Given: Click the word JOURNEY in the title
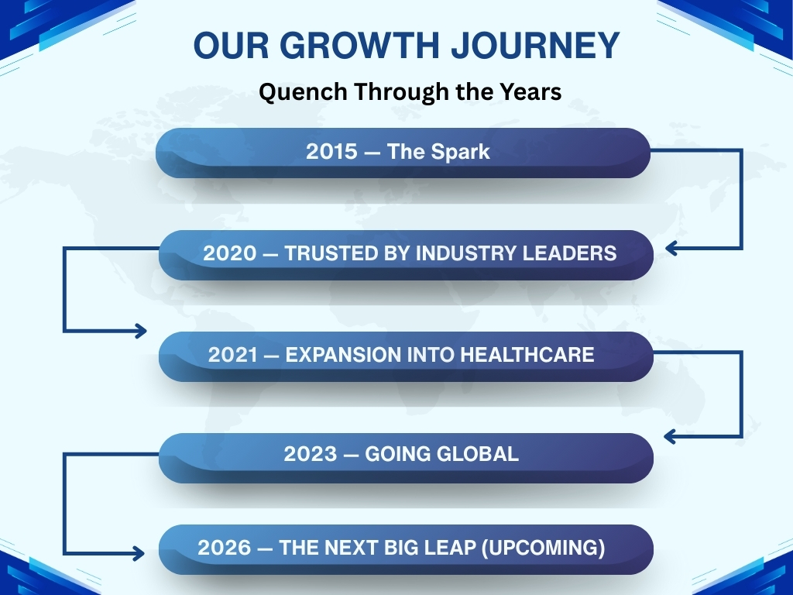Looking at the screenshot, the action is pos(535,45).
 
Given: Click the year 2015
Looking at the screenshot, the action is pos(331,152).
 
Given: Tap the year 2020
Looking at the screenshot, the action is pos(229,253).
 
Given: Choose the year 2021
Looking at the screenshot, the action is pos(233,355).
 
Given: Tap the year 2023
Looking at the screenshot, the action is pos(310,454).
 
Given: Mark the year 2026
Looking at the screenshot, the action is pos(224,548).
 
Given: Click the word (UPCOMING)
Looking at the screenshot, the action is pos(543,548).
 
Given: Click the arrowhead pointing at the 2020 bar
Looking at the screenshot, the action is pos(671,249).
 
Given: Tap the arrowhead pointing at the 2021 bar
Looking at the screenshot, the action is pos(141,332).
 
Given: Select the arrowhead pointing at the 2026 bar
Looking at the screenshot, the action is pos(139,553).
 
